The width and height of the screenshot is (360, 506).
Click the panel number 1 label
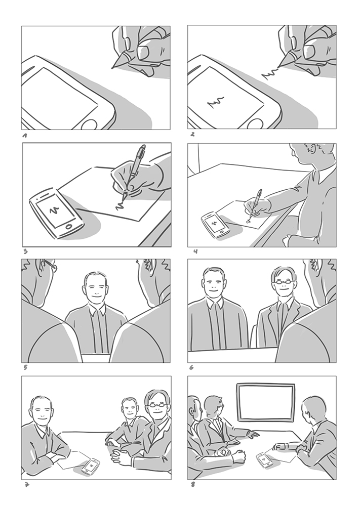pos(25,136)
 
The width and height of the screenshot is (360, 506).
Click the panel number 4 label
pos(195,251)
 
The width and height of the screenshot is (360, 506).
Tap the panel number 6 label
pos(191,367)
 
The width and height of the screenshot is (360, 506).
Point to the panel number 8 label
pos(193,484)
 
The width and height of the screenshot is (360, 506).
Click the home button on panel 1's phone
pos(90,124)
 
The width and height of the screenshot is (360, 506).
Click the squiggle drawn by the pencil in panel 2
pos(270,73)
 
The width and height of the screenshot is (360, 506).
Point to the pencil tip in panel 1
pos(113,67)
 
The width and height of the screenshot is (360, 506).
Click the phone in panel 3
pos(57,213)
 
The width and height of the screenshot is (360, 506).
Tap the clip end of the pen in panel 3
pos(142,149)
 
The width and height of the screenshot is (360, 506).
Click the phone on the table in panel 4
pos(215,225)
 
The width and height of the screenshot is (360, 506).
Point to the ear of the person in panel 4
pos(311,149)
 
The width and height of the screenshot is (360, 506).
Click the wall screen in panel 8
pos(266,402)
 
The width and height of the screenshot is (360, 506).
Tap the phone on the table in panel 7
pos(91,466)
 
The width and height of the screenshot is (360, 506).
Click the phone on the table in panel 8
pos(265,459)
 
